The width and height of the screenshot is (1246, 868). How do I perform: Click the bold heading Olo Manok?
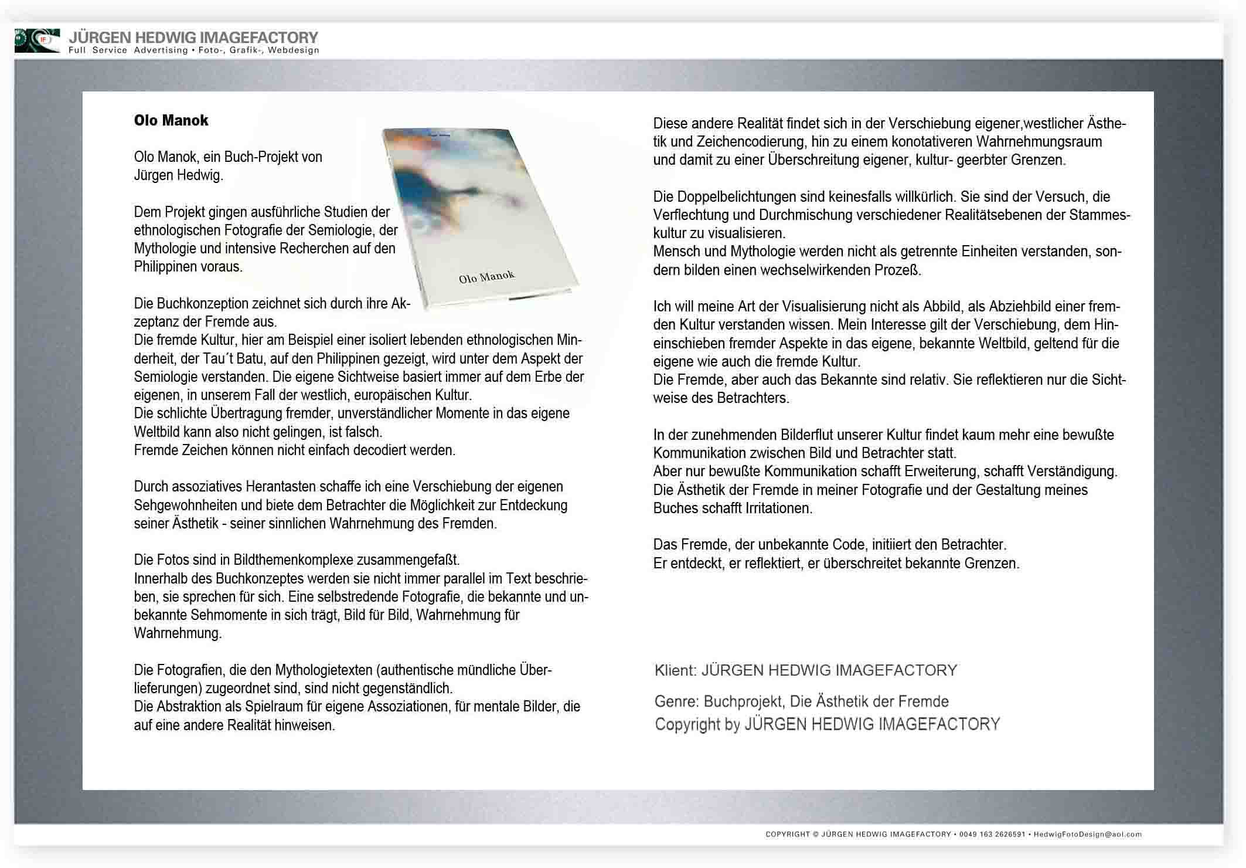click(171, 120)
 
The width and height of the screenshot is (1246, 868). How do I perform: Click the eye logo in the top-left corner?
click(37, 40)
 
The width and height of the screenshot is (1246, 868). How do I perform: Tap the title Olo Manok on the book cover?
click(486, 276)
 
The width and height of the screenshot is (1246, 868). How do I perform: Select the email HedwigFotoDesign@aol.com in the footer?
click(1087, 834)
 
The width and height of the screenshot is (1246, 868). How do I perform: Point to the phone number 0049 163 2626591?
click(992, 834)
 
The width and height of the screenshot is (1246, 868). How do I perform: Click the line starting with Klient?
click(805, 670)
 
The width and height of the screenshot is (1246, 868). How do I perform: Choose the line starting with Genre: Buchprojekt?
click(801, 701)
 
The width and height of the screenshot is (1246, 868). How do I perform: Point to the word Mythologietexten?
click(324, 670)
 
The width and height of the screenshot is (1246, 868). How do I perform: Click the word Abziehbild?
click(1020, 307)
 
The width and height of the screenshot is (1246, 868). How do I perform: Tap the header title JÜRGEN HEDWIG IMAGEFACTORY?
click(193, 38)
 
